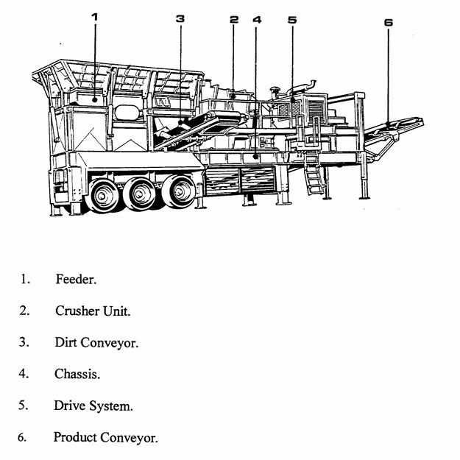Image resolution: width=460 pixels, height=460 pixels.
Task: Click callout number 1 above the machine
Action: click(x=95, y=16)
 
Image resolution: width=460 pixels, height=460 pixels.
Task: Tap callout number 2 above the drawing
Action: click(x=234, y=20)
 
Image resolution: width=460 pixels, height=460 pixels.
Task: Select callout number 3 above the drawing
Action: click(x=180, y=19)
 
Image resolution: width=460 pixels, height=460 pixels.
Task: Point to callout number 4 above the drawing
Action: click(x=256, y=20)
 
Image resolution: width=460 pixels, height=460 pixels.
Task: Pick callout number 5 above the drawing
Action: click(x=292, y=20)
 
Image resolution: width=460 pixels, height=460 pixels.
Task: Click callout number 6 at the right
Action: click(x=388, y=22)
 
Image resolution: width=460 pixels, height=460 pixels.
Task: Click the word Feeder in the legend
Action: click(x=76, y=280)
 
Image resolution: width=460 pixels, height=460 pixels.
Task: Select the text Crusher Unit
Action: click(x=93, y=311)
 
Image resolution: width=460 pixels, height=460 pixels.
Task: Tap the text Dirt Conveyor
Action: click(x=96, y=342)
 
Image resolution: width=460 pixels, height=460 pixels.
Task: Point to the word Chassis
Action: click(x=77, y=374)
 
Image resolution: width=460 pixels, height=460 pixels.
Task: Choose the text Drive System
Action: click(x=93, y=406)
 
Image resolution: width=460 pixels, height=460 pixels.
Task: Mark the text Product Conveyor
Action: click(x=105, y=437)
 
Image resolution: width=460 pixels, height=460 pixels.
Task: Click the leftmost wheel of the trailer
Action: click(x=103, y=195)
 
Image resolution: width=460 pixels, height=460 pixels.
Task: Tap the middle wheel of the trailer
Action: click(x=139, y=194)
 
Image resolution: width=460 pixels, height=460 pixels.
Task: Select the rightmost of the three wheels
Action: click(x=178, y=192)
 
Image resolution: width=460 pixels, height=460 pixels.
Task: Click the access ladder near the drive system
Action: click(x=316, y=174)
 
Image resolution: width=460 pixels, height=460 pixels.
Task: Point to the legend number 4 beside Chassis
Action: click(x=24, y=374)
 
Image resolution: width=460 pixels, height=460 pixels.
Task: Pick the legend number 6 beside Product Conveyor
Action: click(x=22, y=437)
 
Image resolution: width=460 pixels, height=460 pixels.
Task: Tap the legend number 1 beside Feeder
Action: click(x=24, y=280)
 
